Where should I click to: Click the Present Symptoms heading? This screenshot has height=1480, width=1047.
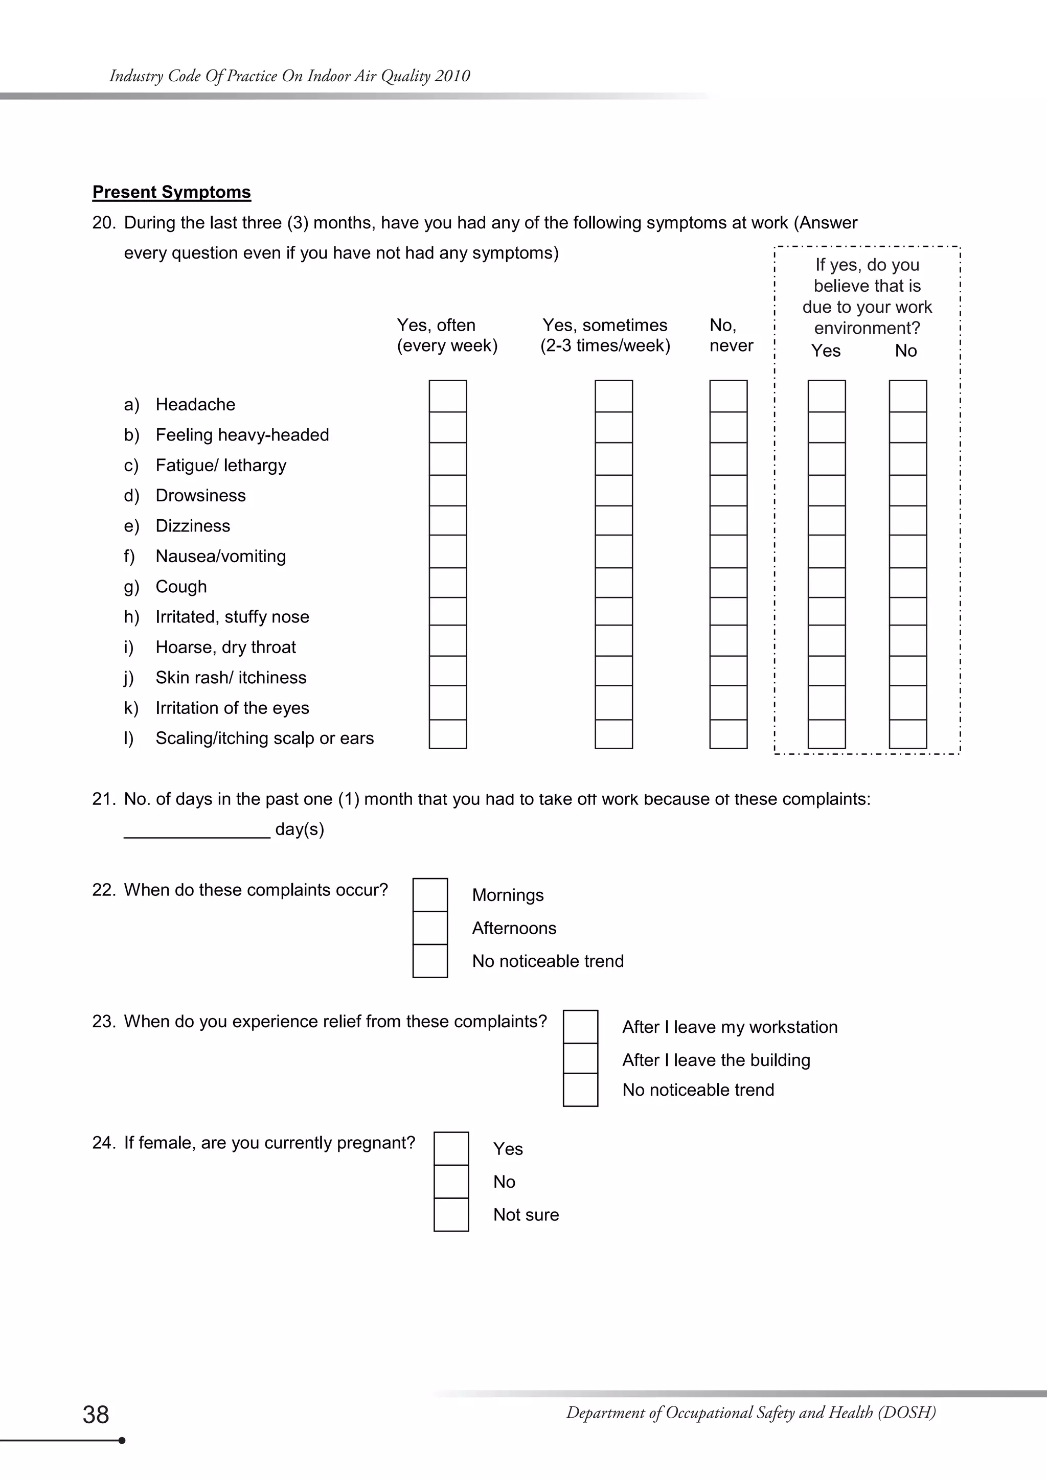click(x=171, y=192)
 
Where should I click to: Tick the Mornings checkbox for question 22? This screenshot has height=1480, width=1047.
click(x=430, y=895)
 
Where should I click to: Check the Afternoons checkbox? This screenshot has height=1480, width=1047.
click(x=430, y=928)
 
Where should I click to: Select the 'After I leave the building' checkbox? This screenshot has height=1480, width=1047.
click(x=580, y=1058)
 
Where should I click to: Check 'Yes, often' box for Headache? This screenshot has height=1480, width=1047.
click(x=447, y=396)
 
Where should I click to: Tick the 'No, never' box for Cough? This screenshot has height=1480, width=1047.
click(x=728, y=583)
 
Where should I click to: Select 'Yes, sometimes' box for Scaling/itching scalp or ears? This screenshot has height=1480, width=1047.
click(x=613, y=734)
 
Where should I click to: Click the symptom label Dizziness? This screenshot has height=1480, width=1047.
click(x=192, y=526)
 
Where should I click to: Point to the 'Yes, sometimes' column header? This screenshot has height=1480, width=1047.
click(x=605, y=335)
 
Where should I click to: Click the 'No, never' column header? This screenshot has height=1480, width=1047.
click(x=731, y=335)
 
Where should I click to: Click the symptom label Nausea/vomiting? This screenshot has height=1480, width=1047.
click(x=220, y=557)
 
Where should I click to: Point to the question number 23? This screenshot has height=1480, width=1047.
click(x=103, y=1022)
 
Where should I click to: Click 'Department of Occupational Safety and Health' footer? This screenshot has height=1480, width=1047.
click(x=750, y=1413)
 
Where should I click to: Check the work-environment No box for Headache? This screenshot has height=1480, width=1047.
click(x=907, y=396)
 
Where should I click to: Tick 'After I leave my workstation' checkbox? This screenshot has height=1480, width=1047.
click(x=580, y=1026)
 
